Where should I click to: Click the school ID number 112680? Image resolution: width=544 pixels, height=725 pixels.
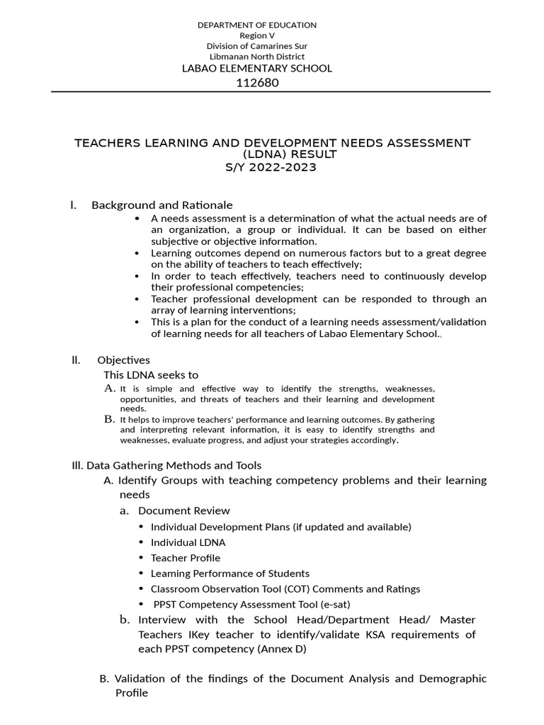coord(257,82)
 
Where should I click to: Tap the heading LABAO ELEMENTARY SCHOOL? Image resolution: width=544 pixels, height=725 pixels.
coord(257,68)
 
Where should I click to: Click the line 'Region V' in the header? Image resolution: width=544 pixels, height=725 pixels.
coord(257,35)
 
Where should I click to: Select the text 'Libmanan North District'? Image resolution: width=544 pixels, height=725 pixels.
coord(257,56)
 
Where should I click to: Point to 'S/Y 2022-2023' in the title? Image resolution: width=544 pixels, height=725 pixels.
coord(272,168)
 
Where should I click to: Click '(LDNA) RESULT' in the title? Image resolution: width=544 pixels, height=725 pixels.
coord(272,155)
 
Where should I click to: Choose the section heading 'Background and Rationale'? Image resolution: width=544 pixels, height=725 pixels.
coord(161,205)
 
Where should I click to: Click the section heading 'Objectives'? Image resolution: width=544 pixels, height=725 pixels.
coord(123,360)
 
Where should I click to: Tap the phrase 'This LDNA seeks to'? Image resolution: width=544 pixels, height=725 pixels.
coord(151,375)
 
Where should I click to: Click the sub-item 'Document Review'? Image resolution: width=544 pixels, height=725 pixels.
coord(183,510)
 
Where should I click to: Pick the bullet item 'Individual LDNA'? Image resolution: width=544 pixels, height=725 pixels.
coord(188,542)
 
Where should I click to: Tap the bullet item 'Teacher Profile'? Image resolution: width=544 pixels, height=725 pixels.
coord(186,558)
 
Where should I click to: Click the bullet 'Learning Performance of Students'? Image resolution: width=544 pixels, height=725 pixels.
coord(229,573)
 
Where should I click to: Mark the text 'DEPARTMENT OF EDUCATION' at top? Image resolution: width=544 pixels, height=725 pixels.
coord(257,25)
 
